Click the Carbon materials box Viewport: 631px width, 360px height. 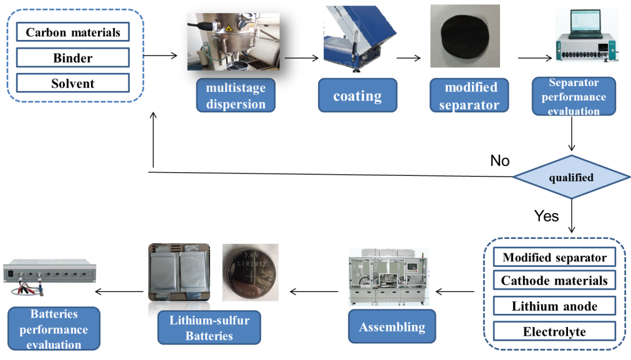[x=73, y=32]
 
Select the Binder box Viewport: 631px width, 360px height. [x=73, y=57]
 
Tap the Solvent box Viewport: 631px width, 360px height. [x=73, y=83]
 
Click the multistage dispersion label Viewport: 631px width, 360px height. [x=236, y=95]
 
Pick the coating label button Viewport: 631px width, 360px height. [x=357, y=95]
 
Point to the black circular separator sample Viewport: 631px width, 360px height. [x=465, y=37]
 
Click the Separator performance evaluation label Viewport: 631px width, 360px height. [x=574, y=97]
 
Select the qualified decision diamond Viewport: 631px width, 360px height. [x=571, y=177]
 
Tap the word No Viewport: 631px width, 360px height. [x=500, y=161]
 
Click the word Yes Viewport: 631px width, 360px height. [x=546, y=216]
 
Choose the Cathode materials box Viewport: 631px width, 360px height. [x=554, y=280]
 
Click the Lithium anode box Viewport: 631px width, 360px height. [x=554, y=306]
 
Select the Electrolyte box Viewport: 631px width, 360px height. [x=554, y=331]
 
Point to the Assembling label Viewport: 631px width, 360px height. [x=392, y=326]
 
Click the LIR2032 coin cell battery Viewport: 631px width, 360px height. [x=251, y=273]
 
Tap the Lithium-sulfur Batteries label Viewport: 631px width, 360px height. [x=210, y=328]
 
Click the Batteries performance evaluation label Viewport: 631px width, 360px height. [x=54, y=329]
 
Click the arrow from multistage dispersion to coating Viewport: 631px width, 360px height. [x=301, y=58]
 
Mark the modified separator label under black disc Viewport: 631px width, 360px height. [x=470, y=95]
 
